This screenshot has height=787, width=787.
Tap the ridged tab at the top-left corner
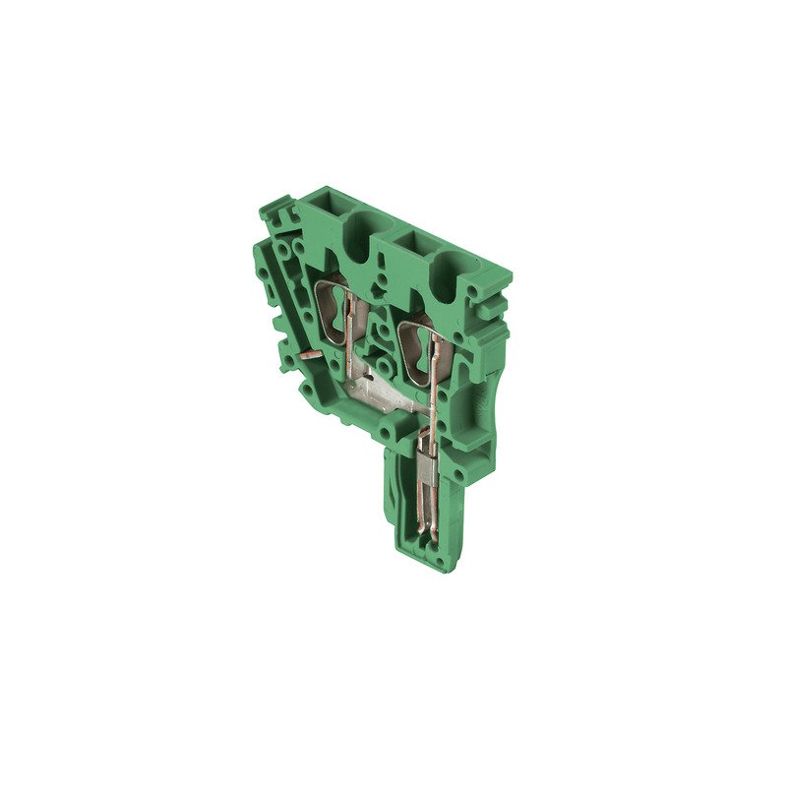[x=275, y=208]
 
